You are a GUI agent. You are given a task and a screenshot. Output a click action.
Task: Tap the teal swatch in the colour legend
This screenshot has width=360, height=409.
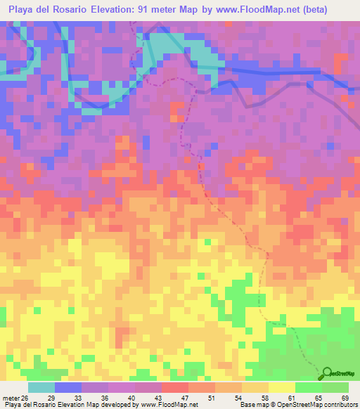tap(41, 387)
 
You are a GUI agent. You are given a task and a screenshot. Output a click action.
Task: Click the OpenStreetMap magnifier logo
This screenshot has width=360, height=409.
tap(326, 373)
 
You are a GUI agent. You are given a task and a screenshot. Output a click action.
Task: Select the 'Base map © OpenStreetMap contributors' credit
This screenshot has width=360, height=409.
tap(298, 405)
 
